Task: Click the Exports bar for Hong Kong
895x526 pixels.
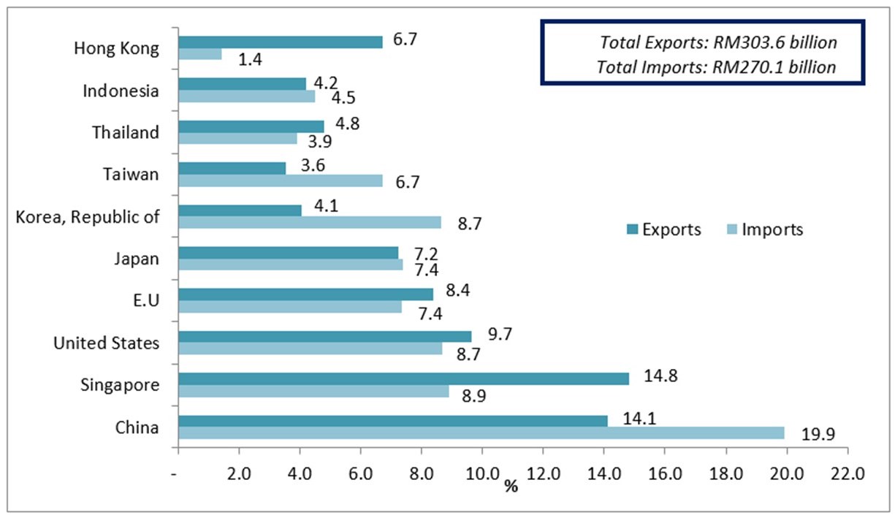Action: click(x=281, y=42)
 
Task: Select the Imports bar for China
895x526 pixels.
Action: click(x=481, y=433)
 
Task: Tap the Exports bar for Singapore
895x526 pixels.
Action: click(x=403, y=378)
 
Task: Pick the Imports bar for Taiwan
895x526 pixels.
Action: click(x=281, y=181)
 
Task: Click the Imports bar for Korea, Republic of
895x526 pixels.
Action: click(x=310, y=222)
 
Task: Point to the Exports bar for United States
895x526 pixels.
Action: click(x=325, y=336)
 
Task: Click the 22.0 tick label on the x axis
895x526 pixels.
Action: click(x=847, y=473)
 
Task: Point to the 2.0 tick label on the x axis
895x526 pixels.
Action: click(x=239, y=473)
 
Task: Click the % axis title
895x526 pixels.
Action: click(x=510, y=485)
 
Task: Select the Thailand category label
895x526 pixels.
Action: click(x=125, y=132)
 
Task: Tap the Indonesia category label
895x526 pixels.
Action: click(x=121, y=91)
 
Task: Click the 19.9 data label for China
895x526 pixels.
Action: click(x=818, y=436)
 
